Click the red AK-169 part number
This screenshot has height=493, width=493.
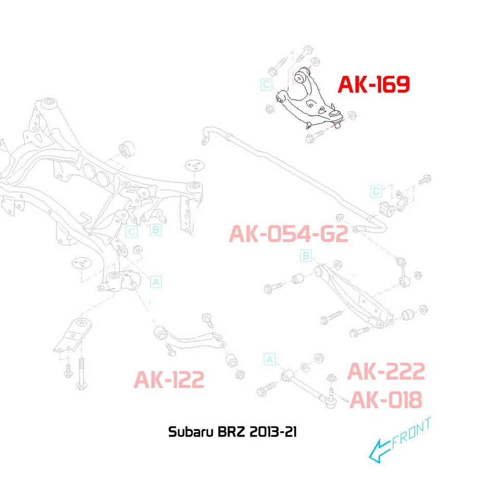[373, 84]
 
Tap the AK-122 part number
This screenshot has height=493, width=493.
[169, 380]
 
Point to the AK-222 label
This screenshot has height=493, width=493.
[386, 372]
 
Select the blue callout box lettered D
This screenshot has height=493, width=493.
[376, 192]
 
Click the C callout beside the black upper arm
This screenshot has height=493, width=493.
[266, 84]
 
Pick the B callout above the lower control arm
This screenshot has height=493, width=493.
[306, 255]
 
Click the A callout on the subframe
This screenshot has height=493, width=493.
[156, 281]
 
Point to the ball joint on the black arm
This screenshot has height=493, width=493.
[336, 114]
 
